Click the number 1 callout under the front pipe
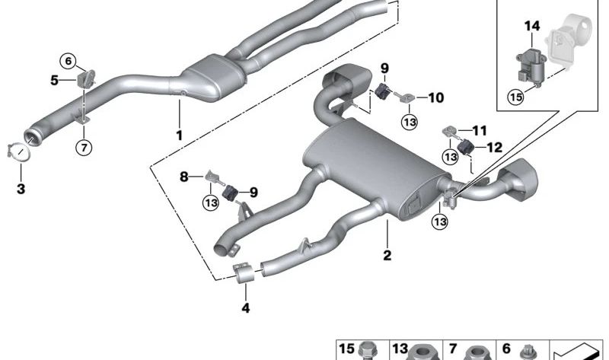180,136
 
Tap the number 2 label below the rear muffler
387,256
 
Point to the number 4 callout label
245,308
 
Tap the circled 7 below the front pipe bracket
84,146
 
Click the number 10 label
435,97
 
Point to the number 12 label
494,148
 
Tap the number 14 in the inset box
531,27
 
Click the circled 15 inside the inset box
516,97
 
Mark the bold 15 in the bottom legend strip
346,349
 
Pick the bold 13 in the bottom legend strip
400,349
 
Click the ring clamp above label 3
21,151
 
